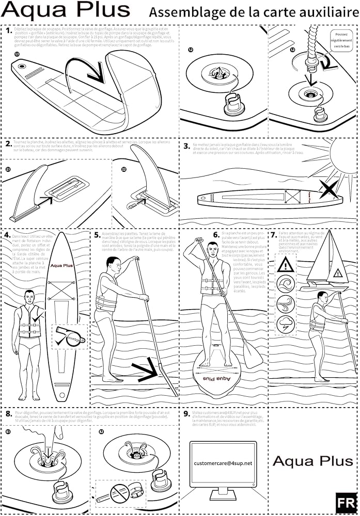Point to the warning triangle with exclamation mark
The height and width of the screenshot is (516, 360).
286,265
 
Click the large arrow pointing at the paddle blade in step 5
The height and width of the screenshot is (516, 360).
147,368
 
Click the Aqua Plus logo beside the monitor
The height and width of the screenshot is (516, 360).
312,461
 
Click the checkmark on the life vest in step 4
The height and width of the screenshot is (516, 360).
35,318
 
